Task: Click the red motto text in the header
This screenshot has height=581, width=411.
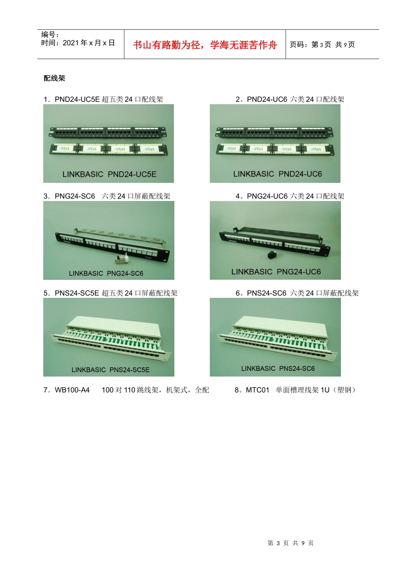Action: click(x=205, y=45)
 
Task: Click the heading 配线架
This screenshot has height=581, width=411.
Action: click(x=55, y=78)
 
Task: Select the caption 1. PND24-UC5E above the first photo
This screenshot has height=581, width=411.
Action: click(x=103, y=99)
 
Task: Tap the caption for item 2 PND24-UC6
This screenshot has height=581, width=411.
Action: click(x=290, y=99)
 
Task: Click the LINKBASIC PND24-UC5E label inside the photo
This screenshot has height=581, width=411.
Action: click(x=109, y=174)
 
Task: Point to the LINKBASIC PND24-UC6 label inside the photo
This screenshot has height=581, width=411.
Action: click(x=277, y=174)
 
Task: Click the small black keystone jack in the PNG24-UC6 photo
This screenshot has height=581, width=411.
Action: click(x=273, y=255)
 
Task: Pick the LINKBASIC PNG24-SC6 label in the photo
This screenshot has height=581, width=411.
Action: click(x=106, y=273)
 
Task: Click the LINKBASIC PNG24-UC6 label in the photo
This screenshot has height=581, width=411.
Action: click(x=276, y=272)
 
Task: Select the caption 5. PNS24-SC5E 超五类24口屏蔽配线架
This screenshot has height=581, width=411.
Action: click(x=110, y=293)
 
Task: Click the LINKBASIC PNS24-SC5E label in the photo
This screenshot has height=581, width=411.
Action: click(x=110, y=370)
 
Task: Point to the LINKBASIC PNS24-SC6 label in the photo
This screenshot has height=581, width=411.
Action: click(x=278, y=368)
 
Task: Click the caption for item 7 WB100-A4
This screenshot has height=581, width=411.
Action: click(x=126, y=390)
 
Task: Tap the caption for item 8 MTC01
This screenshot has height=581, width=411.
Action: click(x=296, y=390)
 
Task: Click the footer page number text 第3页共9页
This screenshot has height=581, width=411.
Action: click(x=290, y=543)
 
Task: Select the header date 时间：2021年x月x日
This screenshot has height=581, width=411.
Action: click(x=78, y=43)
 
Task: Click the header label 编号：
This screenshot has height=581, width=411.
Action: click(x=50, y=35)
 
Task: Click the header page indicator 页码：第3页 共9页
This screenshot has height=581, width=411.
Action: click(x=322, y=45)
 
